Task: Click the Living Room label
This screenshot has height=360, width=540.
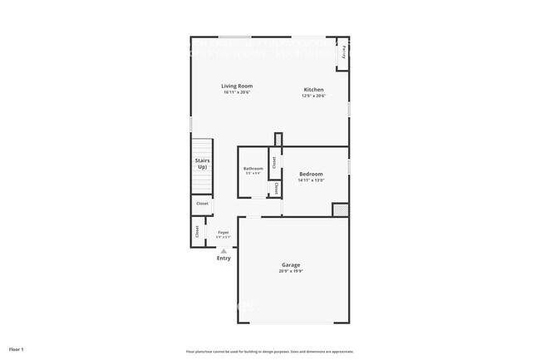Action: (237, 86)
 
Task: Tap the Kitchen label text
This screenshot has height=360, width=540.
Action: (313, 89)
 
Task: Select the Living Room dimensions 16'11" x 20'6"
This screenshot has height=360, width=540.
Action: (237, 92)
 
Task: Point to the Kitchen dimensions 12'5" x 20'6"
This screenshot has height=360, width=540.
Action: (313, 96)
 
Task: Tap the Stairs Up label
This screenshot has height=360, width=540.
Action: (202, 164)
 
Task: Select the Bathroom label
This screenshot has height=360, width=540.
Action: (253, 169)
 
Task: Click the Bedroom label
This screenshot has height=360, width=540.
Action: (311, 174)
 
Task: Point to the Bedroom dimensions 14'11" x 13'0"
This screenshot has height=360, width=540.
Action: (311, 180)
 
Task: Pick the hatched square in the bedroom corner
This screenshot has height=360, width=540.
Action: (339, 210)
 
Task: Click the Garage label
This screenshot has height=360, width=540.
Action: (291, 264)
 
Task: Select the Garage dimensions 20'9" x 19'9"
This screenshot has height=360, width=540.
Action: (291, 271)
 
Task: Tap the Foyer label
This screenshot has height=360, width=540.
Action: (223, 233)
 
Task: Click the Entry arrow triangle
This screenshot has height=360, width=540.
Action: (223, 250)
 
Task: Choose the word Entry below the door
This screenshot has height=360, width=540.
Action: (223, 259)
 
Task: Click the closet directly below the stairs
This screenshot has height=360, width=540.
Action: (202, 204)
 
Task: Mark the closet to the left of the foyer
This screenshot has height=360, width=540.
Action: (197, 231)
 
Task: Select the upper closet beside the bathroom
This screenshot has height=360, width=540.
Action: (272, 160)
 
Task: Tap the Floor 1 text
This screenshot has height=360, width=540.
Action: (16, 349)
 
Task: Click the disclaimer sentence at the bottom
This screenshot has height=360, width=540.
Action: (270, 351)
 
